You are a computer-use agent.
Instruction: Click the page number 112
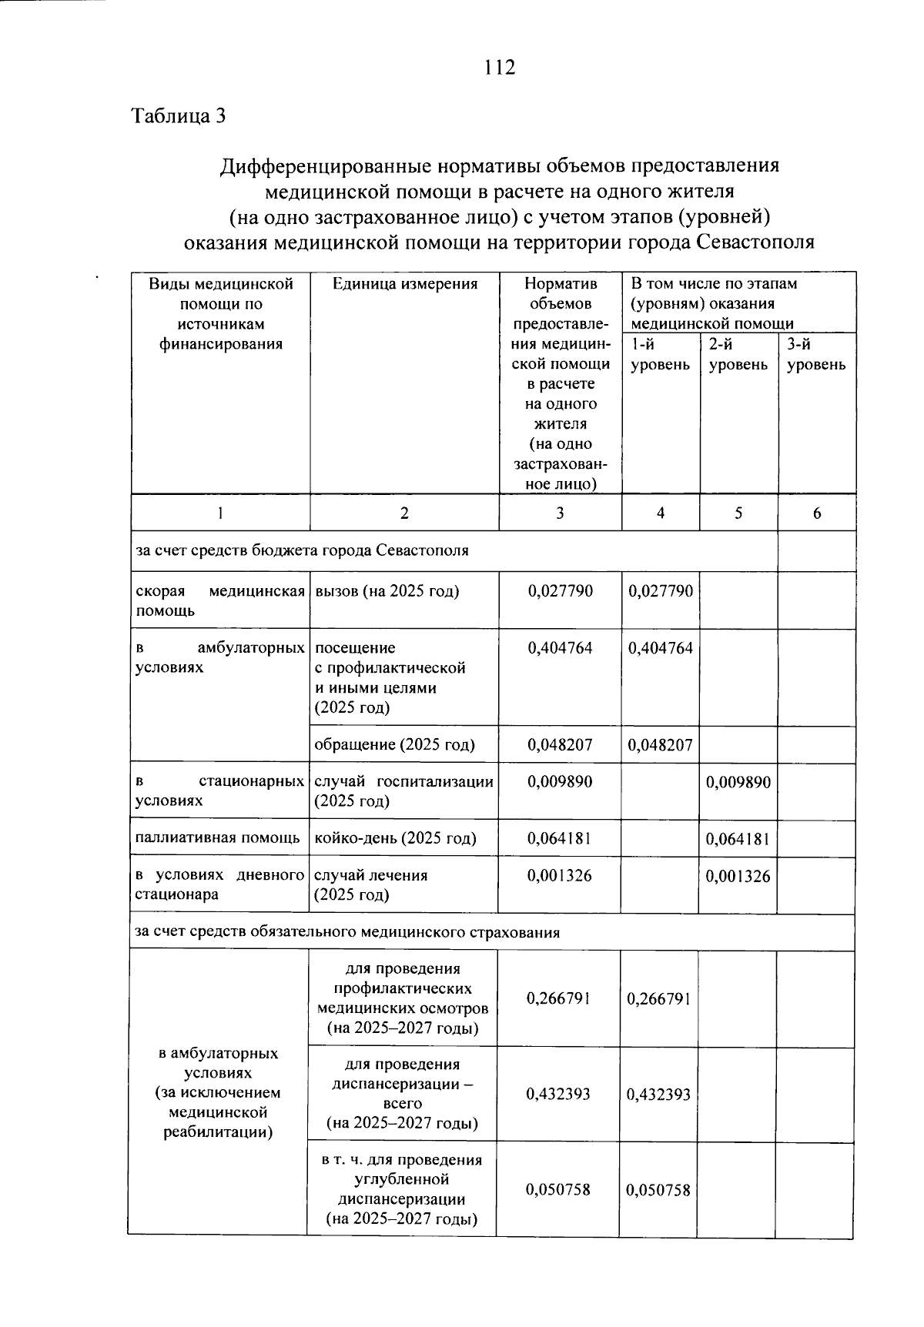(x=500, y=68)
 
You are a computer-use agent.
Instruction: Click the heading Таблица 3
(x=179, y=116)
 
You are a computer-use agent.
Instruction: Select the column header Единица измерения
(x=405, y=284)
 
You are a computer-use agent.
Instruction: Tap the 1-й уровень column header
(x=660, y=354)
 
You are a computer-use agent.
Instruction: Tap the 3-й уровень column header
(x=816, y=354)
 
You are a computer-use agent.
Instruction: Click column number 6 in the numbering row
(x=816, y=513)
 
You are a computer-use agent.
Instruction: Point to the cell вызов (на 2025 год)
(x=387, y=591)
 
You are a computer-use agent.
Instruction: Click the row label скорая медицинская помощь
(x=219, y=600)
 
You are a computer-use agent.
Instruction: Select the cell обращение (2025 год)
(x=395, y=744)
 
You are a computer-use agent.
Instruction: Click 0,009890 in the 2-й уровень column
(x=738, y=782)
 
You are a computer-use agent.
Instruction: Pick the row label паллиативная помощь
(x=218, y=838)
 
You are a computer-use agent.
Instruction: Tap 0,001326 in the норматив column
(x=560, y=875)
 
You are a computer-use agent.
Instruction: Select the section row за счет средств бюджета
(x=303, y=550)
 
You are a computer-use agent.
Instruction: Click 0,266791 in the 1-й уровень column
(x=659, y=998)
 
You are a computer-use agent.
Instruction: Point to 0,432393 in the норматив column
(x=558, y=1094)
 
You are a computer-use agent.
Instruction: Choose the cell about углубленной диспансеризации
(x=401, y=1189)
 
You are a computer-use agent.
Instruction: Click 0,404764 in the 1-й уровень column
(x=661, y=648)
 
